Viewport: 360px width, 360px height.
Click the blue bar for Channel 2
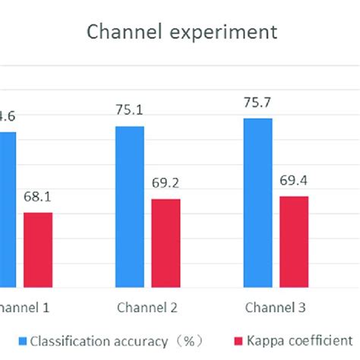(x=129, y=207)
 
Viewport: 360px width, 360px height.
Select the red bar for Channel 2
(x=166, y=243)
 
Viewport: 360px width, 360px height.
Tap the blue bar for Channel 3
(x=257, y=203)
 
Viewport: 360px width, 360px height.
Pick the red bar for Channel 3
(x=295, y=242)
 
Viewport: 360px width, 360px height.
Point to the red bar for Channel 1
(x=38, y=250)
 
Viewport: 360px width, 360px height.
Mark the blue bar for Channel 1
(x=6, y=210)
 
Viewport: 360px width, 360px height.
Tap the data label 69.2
(x=166, y=183)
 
